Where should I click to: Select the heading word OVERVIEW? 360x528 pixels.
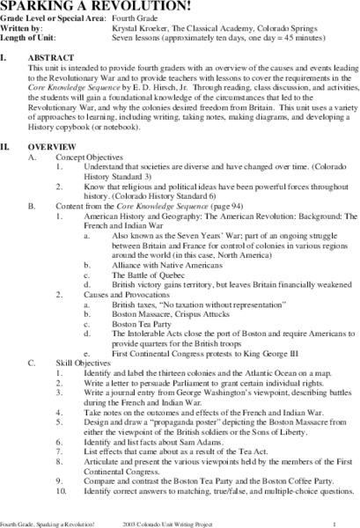coord(64,168)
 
